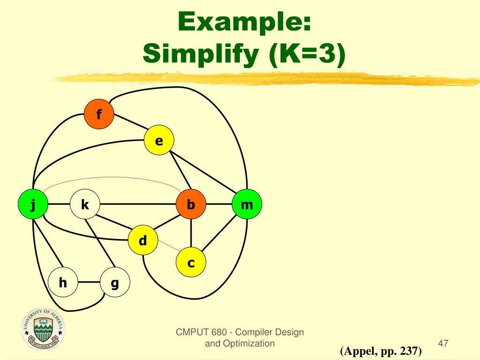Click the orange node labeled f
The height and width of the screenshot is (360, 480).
coord(99,114)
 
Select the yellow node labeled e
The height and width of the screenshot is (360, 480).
coord(159,141)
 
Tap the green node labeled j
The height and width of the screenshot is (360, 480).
coord(33,204)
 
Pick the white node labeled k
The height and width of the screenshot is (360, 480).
coord(85,204)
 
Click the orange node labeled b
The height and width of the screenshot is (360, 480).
coord(191,204)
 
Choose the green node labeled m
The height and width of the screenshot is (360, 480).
coord(247,204)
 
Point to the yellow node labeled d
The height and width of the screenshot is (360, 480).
coord(143,241)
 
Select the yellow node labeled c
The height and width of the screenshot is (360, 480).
coord(191,263)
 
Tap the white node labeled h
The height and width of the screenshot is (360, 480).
coord(63,283)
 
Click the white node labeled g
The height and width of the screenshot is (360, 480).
coord(115,283)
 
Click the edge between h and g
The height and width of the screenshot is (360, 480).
coord(89,283)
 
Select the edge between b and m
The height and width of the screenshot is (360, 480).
coord(219,204)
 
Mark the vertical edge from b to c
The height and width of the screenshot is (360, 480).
coord(191,234)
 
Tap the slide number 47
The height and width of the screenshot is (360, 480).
coord(443,344)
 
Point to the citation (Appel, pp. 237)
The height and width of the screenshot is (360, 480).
coord(381,351)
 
